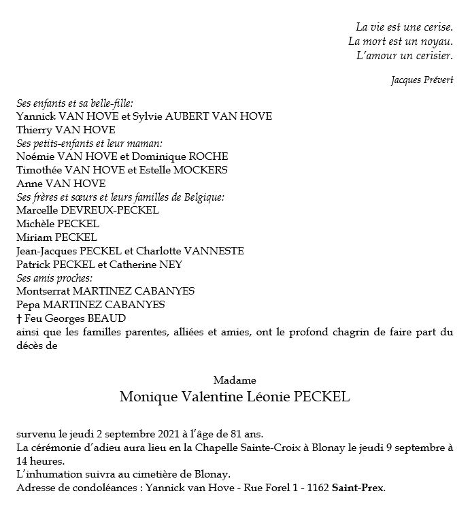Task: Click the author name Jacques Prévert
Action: pyautogui.click(x=422, y=80)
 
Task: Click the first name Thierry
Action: pyautogui.click(x=34, y=130)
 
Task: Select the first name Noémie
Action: pyautogui.click(x=34, y=156)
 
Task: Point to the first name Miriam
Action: pyautogui.click(x=33, y=237)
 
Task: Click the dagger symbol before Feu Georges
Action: pyautogui.click(x=19, y=318)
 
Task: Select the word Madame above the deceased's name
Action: pyautogui.click(x=234, y=380)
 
